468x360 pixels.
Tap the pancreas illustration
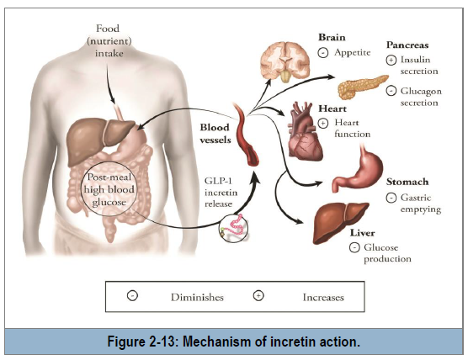[x=362, y=86]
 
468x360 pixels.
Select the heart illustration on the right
[x=305, y=131]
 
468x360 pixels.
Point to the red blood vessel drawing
[x=247, y=135]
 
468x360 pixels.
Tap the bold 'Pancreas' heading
[x=407, y=45]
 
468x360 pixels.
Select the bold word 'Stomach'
[x=407, y=182]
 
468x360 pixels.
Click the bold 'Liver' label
[x=362, y=233]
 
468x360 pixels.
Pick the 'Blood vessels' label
[x=215, y=134]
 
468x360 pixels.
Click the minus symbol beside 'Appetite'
[x=322, y=53]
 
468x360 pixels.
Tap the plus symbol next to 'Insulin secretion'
[x=391, y=61]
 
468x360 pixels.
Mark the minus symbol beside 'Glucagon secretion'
[x=391, y=91]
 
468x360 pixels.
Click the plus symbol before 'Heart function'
[x=322, y=123]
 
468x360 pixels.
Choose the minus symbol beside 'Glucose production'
[x=354, y=247]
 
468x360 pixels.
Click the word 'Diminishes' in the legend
[x=197, y=298]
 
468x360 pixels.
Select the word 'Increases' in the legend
[x=323, y=298]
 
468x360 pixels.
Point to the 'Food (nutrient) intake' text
[x=109, y=41]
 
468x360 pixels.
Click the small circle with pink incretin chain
[x=233, y=229]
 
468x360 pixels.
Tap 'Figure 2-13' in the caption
[x=141, y=341]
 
